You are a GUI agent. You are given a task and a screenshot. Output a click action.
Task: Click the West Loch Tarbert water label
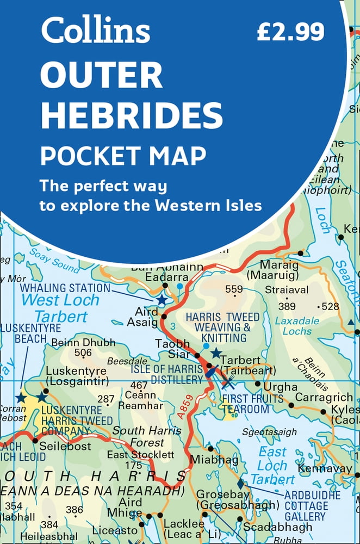[x=60, y=308]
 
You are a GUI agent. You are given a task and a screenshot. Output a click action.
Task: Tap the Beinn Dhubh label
[x=83, y=343]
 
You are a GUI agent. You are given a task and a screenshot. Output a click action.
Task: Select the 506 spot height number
[x=83, y=353]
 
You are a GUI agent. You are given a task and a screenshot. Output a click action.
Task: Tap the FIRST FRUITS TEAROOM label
[x=252, y=404]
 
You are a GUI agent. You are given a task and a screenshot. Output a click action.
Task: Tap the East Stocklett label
[x=140, y=455]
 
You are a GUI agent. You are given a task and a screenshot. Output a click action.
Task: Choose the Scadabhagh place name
[x=277, y=527]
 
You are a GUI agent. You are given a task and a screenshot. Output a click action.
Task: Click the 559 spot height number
[x=234, y=289]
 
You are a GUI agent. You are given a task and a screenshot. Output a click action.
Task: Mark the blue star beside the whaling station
[x=162, y=300]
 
